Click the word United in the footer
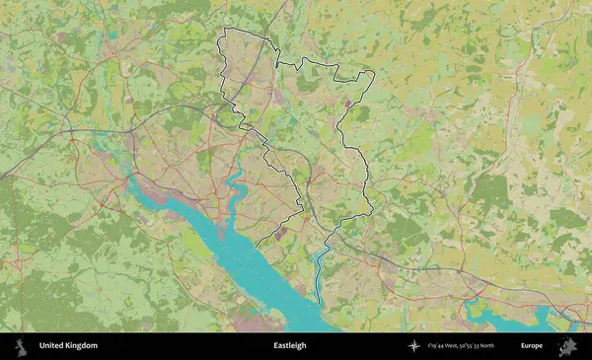pos(51,346)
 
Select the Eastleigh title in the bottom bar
pos(290,346)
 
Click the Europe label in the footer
pos(532,346)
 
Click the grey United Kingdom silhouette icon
pos(19,346)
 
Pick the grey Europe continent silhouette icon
pos(567,346)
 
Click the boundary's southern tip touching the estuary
pos(258,245)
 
